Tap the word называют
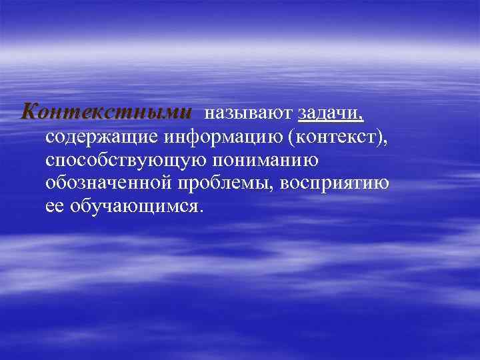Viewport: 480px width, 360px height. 251,114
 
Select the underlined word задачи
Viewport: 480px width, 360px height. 328,114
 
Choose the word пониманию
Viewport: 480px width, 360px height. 268,161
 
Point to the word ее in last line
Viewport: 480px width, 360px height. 54,207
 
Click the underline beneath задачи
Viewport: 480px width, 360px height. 331,123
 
